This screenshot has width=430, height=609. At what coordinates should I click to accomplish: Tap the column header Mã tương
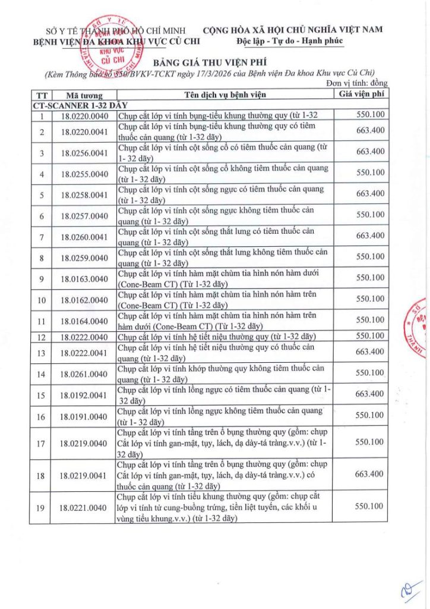point(84,95)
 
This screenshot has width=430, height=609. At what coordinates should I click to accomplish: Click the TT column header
point(42,95)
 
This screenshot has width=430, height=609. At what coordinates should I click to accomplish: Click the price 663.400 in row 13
point(370,351)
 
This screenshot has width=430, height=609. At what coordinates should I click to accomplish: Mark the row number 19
point(42,507)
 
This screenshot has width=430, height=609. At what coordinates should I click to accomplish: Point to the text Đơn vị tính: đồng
point(357,83)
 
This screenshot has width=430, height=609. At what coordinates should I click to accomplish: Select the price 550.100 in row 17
point(370,442)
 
